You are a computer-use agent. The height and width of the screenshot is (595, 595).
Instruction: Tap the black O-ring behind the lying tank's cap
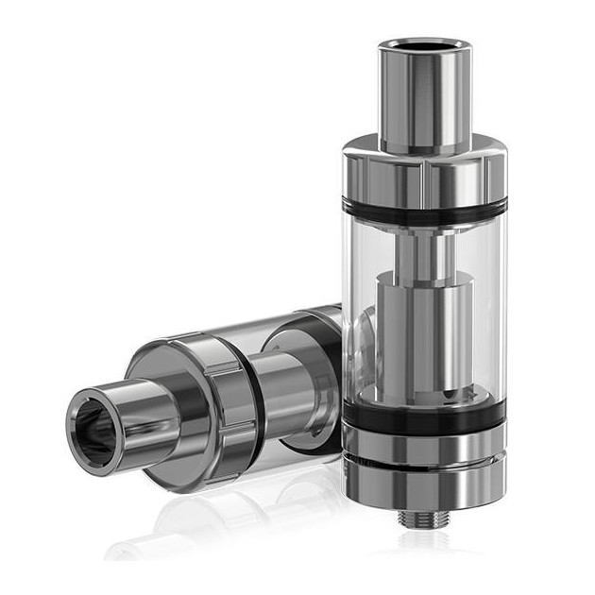pyautogui.click(x=253, y=382)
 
